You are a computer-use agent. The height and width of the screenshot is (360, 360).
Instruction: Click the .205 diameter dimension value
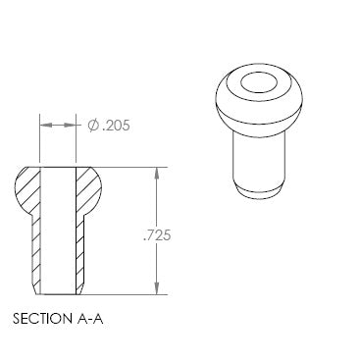point(116,126)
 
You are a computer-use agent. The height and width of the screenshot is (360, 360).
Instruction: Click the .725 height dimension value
point(157,235)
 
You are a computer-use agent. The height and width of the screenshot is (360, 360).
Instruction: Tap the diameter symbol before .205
point(93,126)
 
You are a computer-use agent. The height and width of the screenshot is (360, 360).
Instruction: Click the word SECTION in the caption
point(42,319)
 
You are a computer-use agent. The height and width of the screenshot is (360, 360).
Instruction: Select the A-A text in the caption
point(90,319)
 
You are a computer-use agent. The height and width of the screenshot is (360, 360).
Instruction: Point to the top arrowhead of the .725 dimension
point(157,174)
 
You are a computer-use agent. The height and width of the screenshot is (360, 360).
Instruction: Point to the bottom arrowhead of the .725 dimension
point(157,288)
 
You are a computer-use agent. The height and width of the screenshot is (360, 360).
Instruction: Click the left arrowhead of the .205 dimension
point(46,126)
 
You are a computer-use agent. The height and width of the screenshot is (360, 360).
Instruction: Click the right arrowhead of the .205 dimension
point(70,126)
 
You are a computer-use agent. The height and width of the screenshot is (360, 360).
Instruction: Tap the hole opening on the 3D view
point(259,82)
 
